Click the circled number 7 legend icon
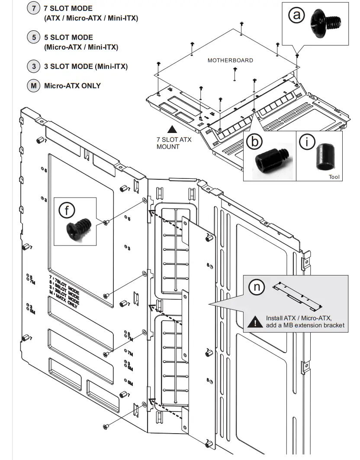click(x=34, y=9)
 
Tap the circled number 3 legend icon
click(x=34, y=67)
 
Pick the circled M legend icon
click(x=34, y=86)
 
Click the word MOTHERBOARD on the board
click(x=230, y=60)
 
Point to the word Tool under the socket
click(x=334, y=177)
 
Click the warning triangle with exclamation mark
click(x=255, y=321)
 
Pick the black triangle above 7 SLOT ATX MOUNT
click(x=172, y=129)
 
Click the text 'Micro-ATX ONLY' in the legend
click(x=72, y=86)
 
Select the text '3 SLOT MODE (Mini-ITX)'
click(x=86, y=67)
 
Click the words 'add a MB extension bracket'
click(x=305, y=325)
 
